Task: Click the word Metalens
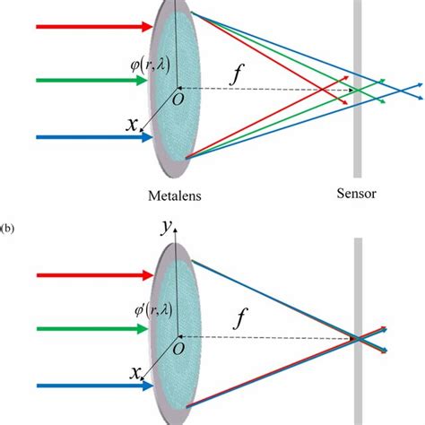pyautogui.click(x=176, y=193)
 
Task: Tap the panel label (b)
pyautogui.click(x=7, y=229)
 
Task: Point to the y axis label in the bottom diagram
pyautogui.click(x=165, y=230)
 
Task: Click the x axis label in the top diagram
pyautogui.click(x=132, y=126)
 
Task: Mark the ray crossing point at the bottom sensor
pyautogui.click(x=357, y=339)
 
